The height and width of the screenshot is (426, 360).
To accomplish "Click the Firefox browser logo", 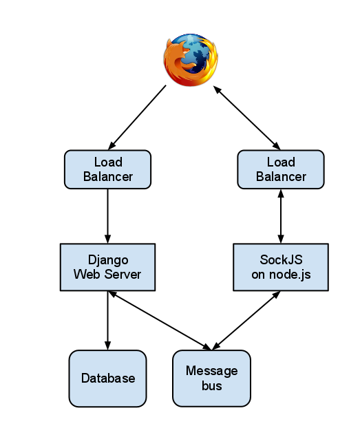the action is point(191,60).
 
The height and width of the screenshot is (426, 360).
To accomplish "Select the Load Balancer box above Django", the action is point(107,169).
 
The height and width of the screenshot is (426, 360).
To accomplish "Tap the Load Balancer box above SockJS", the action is point(281,169).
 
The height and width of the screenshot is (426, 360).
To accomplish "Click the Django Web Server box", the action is point(107,267).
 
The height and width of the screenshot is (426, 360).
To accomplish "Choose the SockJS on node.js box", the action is point(281,267).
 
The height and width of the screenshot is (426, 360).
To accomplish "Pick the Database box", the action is point(107,379).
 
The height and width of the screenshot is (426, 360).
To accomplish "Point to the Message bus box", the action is point(211,379).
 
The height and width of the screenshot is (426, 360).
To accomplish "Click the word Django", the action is point(108,261).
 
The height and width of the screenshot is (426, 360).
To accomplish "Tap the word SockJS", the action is point(281,259).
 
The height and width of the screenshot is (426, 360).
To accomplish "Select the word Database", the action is point(108,379).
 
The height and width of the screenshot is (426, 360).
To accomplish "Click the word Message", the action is point(211,371).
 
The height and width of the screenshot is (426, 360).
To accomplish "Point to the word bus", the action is point(211,386).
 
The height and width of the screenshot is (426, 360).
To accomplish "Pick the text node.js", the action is point(290,275).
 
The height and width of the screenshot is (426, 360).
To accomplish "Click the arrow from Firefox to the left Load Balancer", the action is point(137,118).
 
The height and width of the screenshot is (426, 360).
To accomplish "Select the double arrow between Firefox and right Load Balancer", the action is point(246,118).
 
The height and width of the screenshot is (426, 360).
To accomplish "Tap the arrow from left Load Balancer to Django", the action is point(107,216).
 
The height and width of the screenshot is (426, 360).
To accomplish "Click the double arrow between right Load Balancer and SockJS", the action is point(281,216).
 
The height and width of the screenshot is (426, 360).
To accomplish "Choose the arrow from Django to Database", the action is point(107,321).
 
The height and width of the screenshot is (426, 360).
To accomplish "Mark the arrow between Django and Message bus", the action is point(160,321).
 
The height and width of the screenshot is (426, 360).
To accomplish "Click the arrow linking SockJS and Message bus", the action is point(246,321).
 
